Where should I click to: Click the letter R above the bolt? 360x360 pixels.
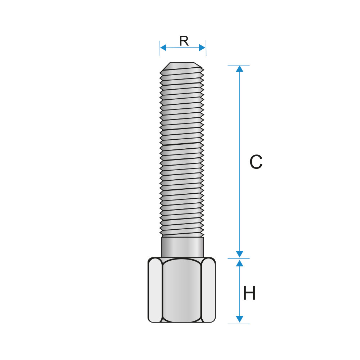click(x=184, y=41)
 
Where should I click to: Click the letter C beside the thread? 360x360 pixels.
click(x=256, y=162)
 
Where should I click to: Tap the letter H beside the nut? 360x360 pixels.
click(x=249, y=293)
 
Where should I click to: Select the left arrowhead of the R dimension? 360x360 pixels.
click(x=163, y=48)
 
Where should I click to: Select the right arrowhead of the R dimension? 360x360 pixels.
click(x=202, y=48)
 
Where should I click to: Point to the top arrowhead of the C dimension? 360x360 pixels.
click(x=239, y=69)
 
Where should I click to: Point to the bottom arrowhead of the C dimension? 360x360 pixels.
click(x=239, y=254)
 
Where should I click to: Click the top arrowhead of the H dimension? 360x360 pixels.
click(x=239, y=263)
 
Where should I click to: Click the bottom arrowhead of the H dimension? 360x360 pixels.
click(x=239, y=319)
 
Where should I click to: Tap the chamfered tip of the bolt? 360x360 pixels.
click(x=182, y=66)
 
